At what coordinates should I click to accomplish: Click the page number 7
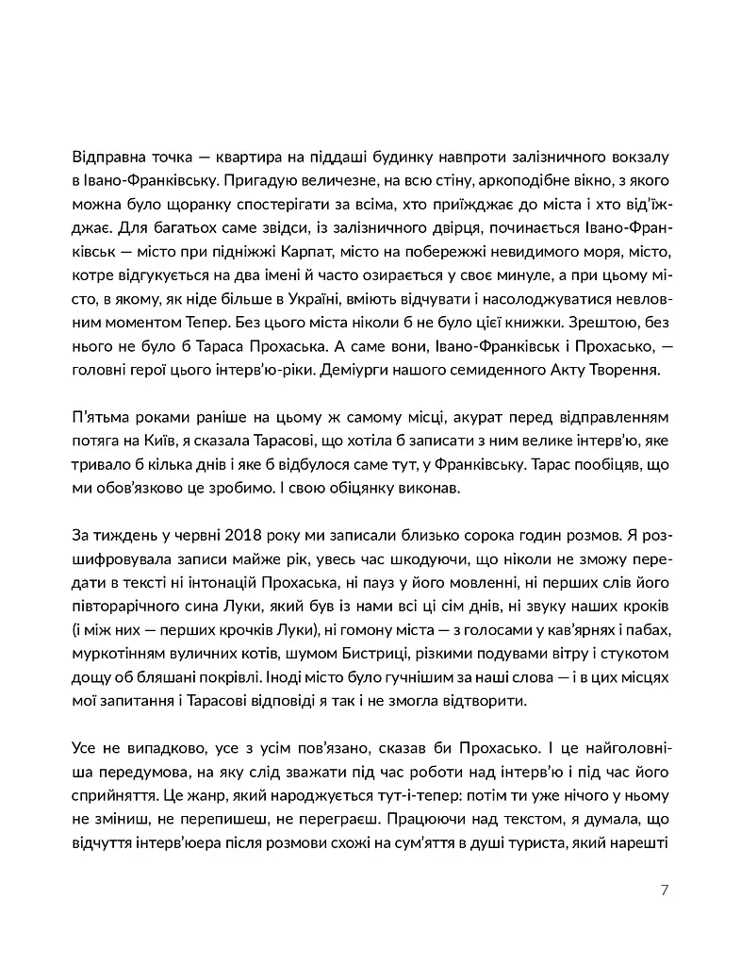[665, 889]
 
